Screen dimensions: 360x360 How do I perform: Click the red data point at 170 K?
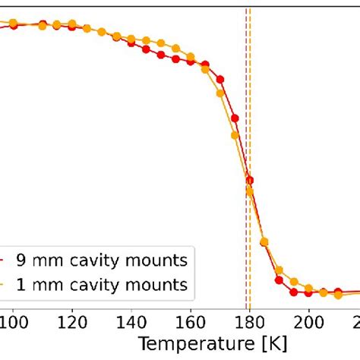[x=220, y=79]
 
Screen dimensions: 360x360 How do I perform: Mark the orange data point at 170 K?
[x=220, y=93]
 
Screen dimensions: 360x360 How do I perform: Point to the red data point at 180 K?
[x=250, y=180]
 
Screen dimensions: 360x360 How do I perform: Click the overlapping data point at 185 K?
[x=265, y=242]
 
